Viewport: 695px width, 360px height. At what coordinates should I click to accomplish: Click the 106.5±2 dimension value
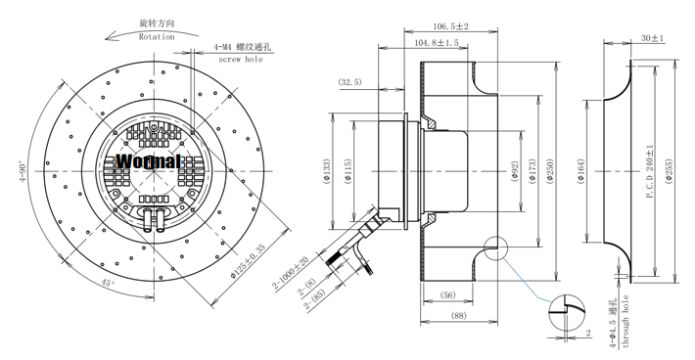point(451,26)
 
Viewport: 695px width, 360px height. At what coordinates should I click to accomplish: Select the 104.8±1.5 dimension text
point(437,43)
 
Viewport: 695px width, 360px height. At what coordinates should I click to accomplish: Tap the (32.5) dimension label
point(350,82)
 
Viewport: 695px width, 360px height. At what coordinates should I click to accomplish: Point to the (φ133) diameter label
point(327,171)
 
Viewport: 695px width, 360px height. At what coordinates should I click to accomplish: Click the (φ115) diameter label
point(347,171)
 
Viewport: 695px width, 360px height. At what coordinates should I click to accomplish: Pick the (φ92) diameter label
point(515,171)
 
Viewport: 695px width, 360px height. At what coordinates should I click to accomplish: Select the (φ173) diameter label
point(533,171)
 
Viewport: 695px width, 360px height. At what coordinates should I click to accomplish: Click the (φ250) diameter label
point(550,171)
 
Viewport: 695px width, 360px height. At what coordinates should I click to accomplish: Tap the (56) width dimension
point(447,294)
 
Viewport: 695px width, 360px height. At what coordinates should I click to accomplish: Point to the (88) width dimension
point(459,315)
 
